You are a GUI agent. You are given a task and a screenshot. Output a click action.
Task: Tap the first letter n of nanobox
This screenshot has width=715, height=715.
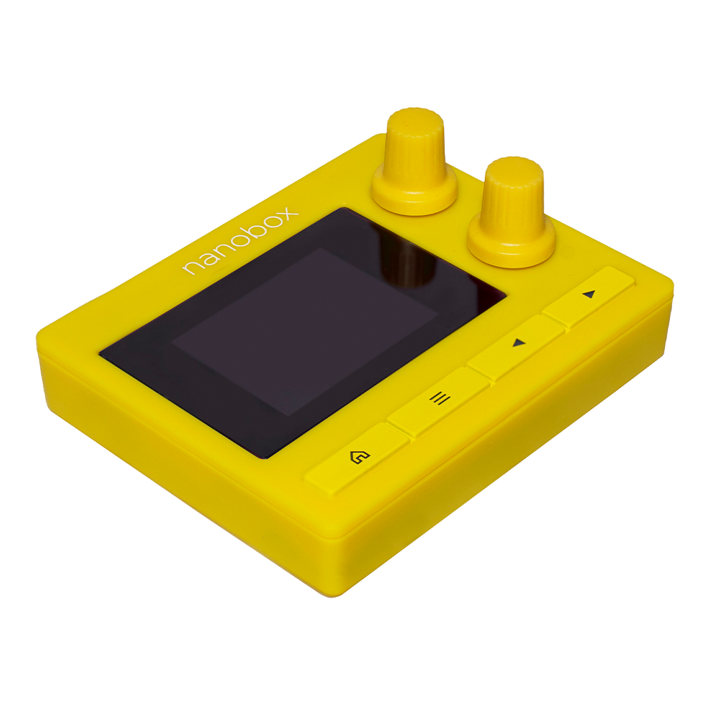point(191,269)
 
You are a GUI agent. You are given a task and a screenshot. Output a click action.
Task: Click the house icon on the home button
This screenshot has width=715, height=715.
point(356,456)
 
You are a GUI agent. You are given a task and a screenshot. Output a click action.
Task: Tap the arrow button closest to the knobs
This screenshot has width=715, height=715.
point(588,296)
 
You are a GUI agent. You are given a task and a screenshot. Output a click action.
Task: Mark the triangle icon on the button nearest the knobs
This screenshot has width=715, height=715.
point(588,294)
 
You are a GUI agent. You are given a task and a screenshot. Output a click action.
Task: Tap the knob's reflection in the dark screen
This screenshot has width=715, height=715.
point(408,265)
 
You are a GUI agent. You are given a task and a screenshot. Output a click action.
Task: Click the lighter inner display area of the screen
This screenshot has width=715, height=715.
point(304,329)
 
